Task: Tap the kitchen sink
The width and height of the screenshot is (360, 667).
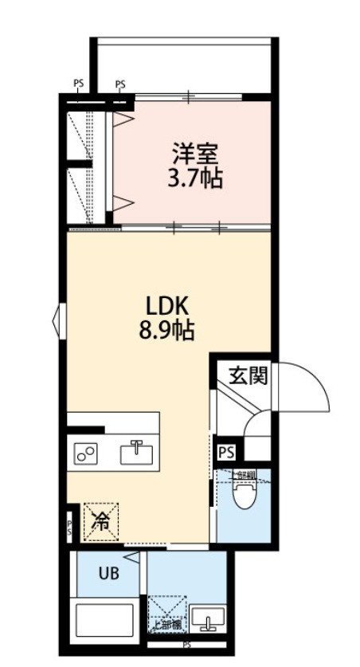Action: point(136,453)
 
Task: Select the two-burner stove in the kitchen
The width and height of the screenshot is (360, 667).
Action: point(85,453)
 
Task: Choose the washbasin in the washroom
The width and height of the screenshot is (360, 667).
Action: point(210,620)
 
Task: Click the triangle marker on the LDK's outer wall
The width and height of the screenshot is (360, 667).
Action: point(57,320)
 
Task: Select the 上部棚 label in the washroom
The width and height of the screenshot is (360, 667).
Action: point(169,624)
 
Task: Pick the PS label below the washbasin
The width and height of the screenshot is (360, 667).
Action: point(187,644)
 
